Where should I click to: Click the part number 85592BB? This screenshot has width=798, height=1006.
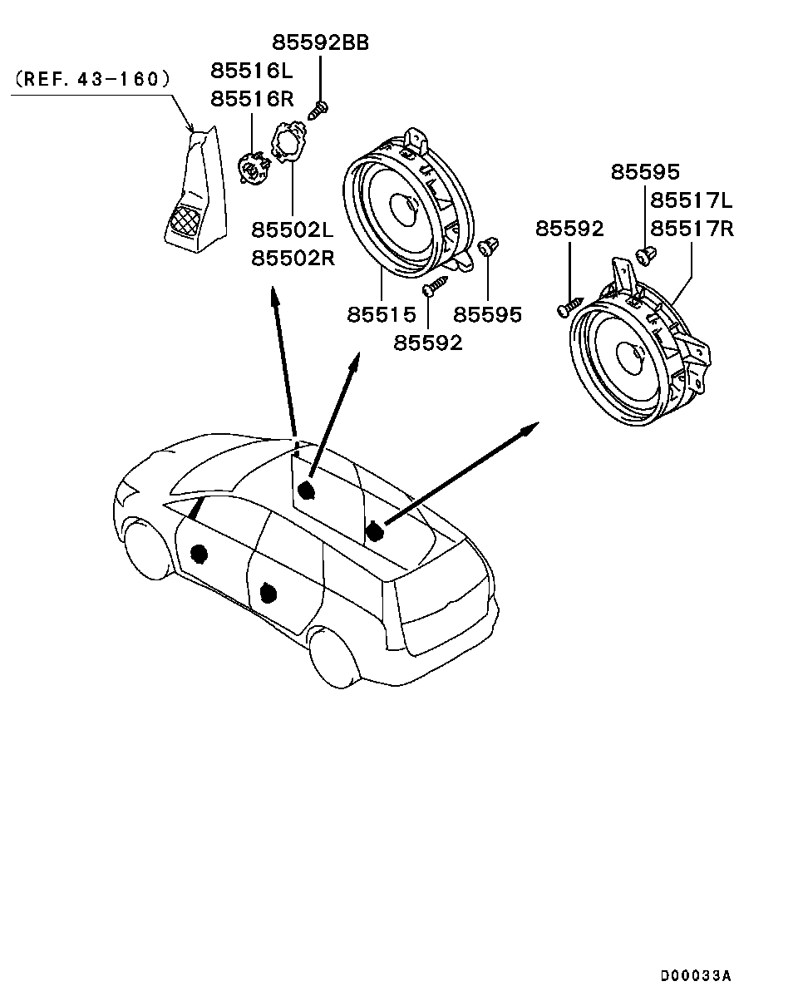[x=320, y=43]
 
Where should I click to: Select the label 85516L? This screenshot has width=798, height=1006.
[x=252, y=71]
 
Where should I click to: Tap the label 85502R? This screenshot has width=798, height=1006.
[x=293, y=258]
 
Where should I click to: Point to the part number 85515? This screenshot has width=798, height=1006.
[x=381, y=314]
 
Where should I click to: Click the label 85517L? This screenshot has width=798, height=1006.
[x=692, y=200]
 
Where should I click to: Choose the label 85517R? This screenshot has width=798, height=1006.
[x=692, y=229]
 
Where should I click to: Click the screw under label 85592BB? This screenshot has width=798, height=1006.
[x=318, y=111]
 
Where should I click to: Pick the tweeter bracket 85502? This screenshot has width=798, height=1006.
[x=288, y=141]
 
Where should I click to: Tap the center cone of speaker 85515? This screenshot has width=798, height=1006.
[x=403, y=209]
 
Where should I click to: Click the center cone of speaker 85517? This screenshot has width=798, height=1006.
[x=631, y=358]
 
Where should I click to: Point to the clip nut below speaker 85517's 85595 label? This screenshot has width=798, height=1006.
[x=646, y=256]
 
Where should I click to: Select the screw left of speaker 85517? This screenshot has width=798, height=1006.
[x=570, y=307]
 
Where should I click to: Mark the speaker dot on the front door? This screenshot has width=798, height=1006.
[x=199, y=554]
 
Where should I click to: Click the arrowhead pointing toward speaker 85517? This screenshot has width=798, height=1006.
[x=530, y=427]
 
